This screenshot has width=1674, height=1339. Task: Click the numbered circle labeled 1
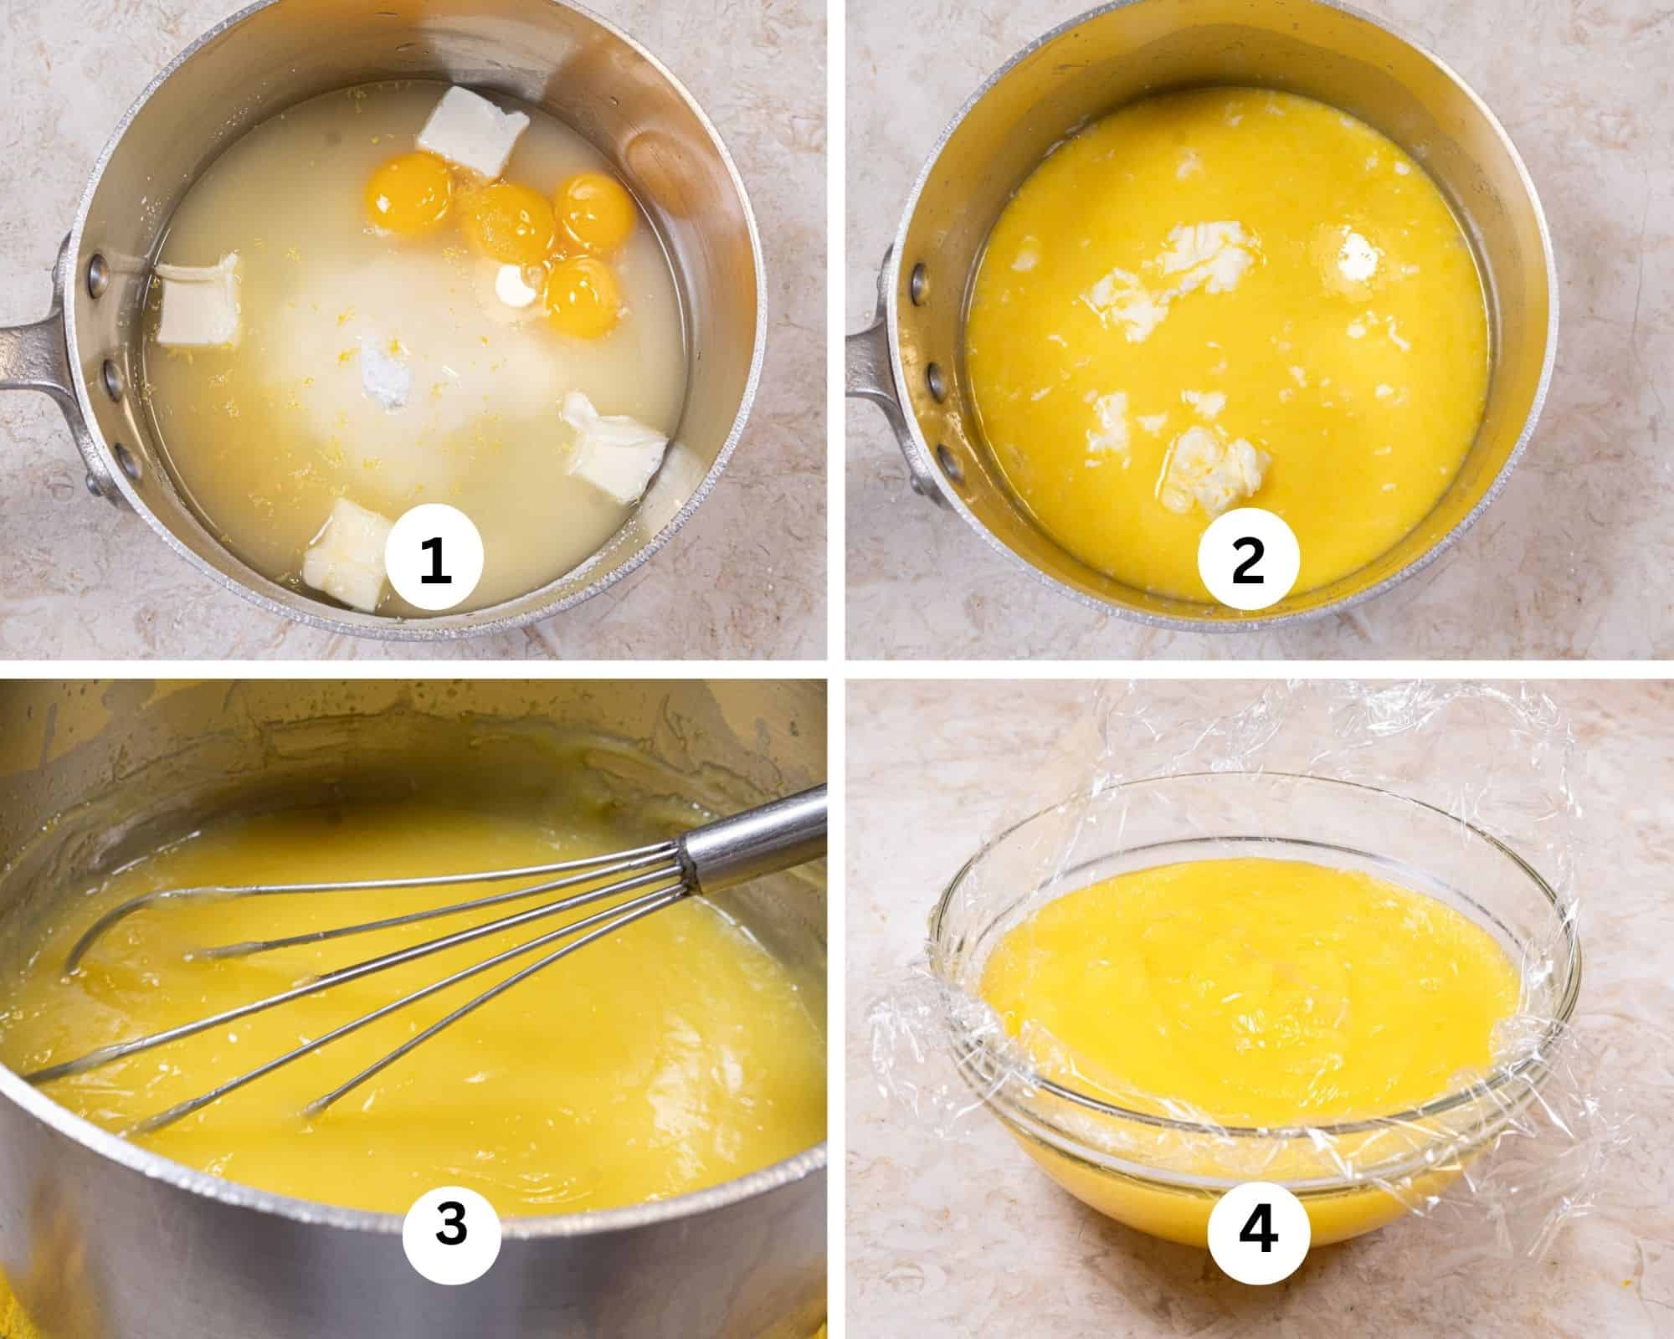tap(435, 562)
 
